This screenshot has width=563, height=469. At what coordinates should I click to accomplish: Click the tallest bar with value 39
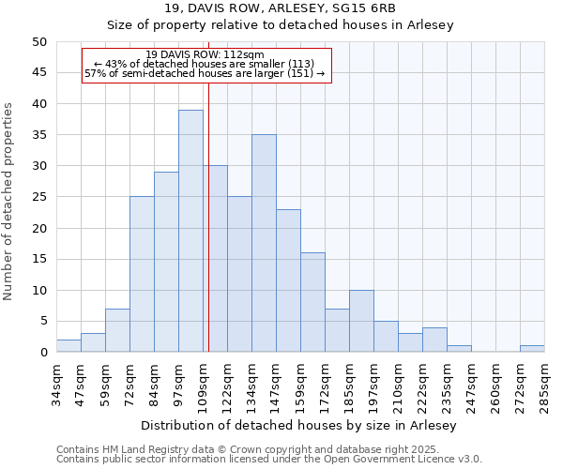190,231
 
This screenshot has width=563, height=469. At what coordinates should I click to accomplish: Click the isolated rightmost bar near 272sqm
532,349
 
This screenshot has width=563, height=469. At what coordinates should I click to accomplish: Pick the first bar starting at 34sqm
68,345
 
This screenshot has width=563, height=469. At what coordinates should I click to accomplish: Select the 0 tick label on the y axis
43,353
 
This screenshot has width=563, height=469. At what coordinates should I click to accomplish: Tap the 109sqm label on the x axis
204,385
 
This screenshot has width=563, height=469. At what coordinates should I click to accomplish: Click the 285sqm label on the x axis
545,385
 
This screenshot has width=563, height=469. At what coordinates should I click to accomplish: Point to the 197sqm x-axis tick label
374,385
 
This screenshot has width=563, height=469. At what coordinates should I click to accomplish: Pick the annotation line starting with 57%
205,73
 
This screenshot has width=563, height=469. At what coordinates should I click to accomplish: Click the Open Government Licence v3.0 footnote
268,460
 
